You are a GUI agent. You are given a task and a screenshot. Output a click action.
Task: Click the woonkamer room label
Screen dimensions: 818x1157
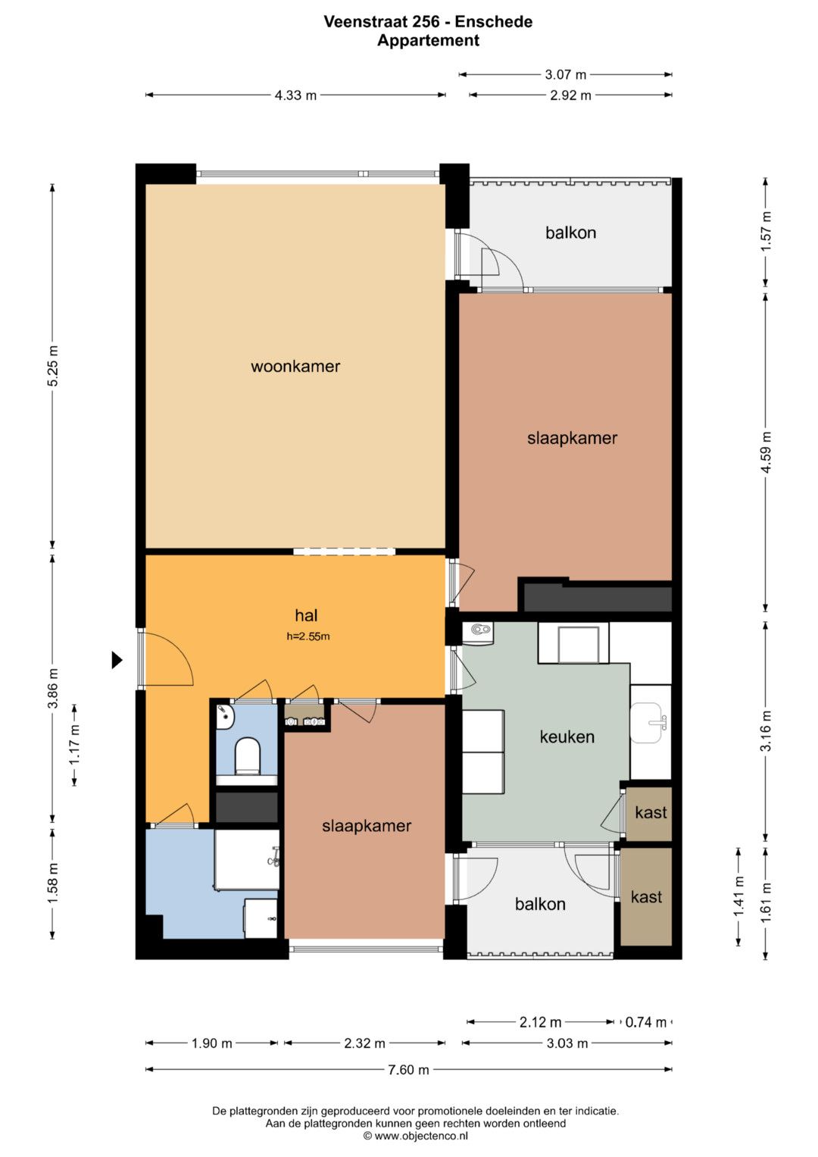(x=295, y=366)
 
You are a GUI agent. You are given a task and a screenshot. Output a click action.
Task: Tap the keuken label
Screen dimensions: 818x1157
(x=567, y=736)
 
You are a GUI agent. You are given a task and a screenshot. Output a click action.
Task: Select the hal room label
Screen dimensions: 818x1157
(x=306, y=615)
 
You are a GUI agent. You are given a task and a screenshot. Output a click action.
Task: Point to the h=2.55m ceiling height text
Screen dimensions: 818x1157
(x=308, y=636)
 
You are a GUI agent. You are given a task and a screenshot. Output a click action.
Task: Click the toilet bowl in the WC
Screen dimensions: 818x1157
(x=246, y=755)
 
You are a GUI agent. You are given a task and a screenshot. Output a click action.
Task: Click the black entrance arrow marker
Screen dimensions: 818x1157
(x=117, y=660)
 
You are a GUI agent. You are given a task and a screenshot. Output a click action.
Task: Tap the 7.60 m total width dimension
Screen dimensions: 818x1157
(x=408, y=1070)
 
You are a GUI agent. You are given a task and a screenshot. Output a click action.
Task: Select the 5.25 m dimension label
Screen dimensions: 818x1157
(x=53, y=366)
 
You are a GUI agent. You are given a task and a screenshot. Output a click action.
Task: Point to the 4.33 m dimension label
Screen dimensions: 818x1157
(x=295, y=95)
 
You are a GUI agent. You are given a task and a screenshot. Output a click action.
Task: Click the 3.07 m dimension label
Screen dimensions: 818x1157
(x=566, y=75)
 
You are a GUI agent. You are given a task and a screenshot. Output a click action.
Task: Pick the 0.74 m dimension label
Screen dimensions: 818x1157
(x=645, y=1022)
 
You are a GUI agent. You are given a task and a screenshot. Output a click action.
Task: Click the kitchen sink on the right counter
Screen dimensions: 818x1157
(x=648, y=722)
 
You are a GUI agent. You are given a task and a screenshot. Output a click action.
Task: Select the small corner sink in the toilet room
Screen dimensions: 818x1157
(x=225, y=717)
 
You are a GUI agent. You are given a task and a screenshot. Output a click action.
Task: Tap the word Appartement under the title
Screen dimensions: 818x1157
(x=428, y=40)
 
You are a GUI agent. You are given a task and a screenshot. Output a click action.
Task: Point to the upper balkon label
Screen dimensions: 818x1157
(x=570, y=233)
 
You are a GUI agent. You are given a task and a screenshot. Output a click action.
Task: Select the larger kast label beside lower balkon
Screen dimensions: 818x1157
(x=646, y=896)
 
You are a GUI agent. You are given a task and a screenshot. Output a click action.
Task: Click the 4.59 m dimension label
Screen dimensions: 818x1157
(x=766, y=452)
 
